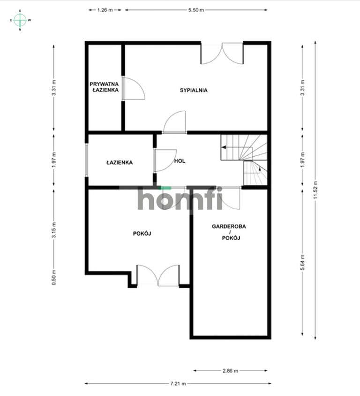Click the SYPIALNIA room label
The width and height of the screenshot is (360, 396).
click(x=194, y=90)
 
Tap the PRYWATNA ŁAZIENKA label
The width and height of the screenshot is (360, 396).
click(x=105, y=87)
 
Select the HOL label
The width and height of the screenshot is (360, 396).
click(x=180, y=161)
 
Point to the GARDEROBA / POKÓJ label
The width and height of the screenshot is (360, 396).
click(x=229, y=232)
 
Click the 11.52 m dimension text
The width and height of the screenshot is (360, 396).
click(x=315, y=190)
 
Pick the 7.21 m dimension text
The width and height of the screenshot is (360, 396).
click(x=178, y=383)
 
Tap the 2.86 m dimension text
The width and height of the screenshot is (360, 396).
click(x=230, y=371)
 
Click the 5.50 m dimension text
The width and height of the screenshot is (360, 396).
click(x=196, y=10)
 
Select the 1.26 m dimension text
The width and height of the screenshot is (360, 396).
click(x=105, y=10)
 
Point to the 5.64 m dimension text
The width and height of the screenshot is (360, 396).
click(x=302, y=262)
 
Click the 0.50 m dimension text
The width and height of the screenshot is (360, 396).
click(x=54, y=277)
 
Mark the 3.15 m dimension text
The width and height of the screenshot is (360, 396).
click(x=54, y=230)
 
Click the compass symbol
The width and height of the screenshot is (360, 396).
click(x=20, y=20)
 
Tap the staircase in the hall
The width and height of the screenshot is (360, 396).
click(x=244, y=160)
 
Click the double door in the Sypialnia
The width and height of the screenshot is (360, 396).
click(x=222, y=53)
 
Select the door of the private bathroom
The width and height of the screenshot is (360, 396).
click(x=134, y=88)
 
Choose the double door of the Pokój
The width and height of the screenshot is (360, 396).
click(x=158, y=275)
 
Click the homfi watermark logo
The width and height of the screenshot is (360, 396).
click(x=180, y=198)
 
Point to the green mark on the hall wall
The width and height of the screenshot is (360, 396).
click(x=166, y=188)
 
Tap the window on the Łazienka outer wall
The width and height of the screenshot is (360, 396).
click(x=87, y=160)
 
